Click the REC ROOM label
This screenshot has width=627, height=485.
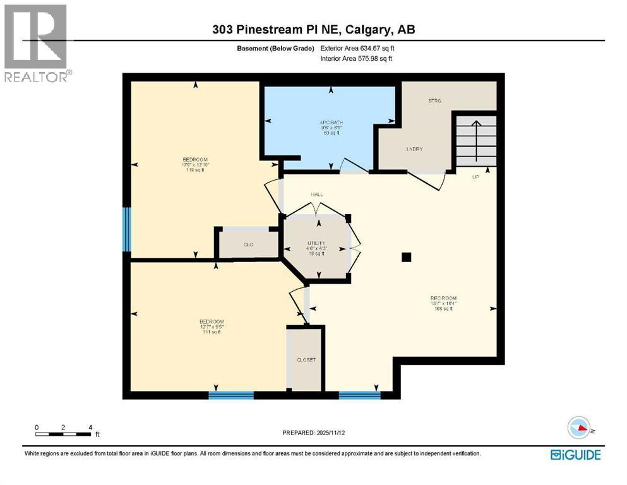(443, 298)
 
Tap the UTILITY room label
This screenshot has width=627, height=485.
(316, 243)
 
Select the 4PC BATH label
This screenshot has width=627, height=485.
(330, 123)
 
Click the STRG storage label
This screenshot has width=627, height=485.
(434, 101)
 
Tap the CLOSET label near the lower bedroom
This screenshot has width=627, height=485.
(306, 359)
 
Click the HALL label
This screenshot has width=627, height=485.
(316, 195)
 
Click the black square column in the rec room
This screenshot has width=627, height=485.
(407, 256)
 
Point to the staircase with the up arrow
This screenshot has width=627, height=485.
(477, 140)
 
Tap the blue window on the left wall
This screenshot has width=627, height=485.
(127, 229)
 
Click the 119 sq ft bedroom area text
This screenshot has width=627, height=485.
(195, 171)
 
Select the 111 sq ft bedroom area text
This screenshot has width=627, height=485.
(212, 332)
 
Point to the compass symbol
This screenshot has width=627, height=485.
(578, 427)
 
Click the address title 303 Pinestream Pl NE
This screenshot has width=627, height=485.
(313, 30)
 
